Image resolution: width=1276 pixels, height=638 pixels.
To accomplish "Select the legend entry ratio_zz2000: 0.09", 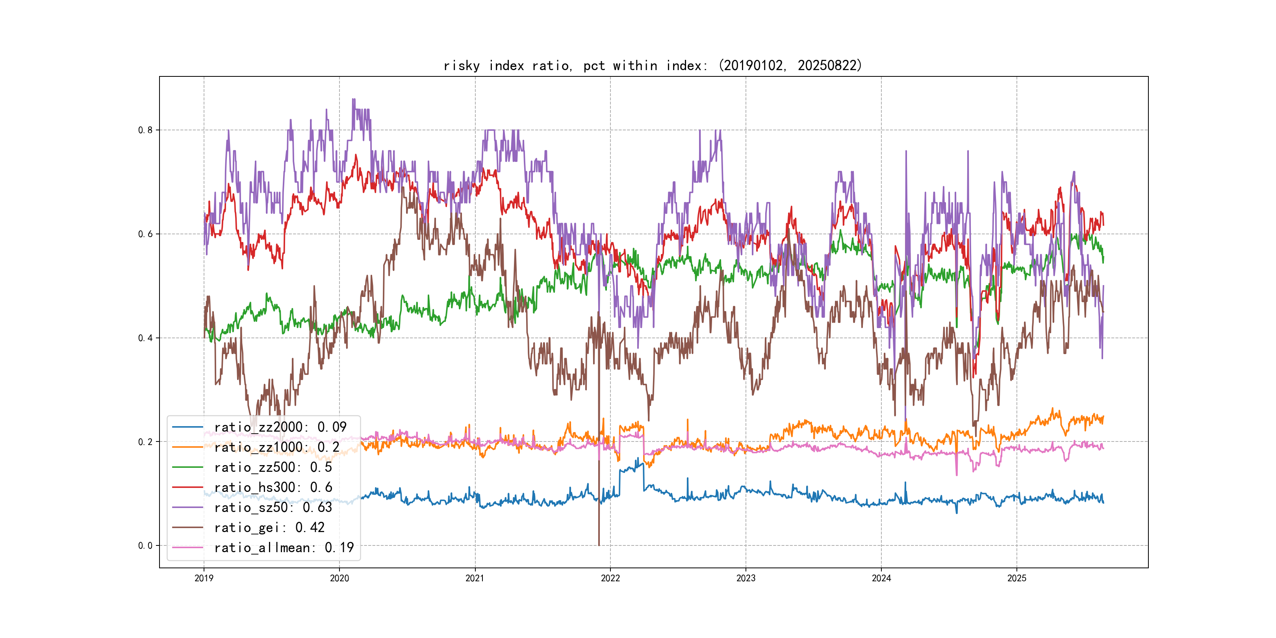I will (x=280, y=427).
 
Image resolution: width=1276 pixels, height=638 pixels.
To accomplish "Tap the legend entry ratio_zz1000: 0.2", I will (x=276, y=447).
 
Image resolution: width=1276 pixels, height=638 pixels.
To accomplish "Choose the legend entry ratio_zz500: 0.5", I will (x=273, y=467).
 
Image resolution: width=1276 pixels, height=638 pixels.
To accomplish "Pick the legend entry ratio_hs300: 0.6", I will (x=273, y=488).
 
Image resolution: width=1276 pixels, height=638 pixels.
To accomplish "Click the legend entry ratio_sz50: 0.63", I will (x=273, y=507).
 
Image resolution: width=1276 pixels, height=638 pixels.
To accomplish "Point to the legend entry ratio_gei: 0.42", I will (x=269, y=528).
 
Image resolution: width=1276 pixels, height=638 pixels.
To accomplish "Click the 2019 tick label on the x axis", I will (x=204, y=578).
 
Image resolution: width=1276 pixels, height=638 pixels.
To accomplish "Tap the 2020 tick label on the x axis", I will (x=339, y=578).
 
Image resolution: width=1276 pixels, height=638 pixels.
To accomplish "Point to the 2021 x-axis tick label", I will (x=475, y=578).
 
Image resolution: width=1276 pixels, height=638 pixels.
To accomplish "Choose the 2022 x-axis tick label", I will (x=610, y=578).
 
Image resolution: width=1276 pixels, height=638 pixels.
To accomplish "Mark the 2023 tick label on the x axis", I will (x=746, y=578).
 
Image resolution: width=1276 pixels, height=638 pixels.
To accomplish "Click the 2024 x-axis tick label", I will (x=881, y=578).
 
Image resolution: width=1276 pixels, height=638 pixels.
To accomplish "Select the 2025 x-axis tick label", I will (x=1017, y=578).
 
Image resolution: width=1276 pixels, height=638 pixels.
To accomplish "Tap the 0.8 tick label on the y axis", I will (x=145, y=130).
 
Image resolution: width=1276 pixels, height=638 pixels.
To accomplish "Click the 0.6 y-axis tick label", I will (x=145, y=234).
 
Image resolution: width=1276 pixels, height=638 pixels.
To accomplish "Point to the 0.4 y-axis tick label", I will (x=145, y=338).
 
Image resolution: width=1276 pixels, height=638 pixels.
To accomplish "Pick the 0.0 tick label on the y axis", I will (x=145, y=546).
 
